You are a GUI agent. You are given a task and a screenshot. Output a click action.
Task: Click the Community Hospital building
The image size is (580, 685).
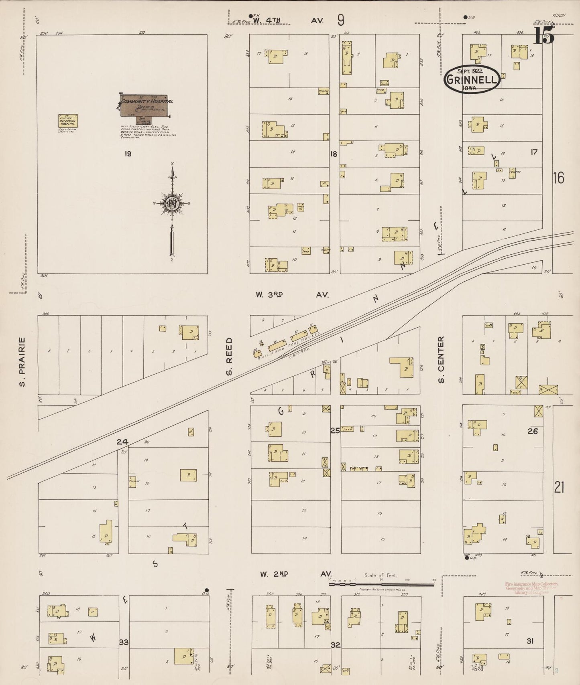click(x=147, y=105)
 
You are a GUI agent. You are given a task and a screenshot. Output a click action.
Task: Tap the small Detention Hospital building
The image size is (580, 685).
click(x=68, y=121)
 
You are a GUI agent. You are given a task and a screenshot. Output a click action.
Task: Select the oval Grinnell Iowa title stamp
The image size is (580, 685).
click(x=472, y=79)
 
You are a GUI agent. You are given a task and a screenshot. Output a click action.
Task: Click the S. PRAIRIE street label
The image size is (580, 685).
click(x=22, y=362)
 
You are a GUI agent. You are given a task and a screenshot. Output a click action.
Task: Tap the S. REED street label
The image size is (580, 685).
click(x=229, y=356)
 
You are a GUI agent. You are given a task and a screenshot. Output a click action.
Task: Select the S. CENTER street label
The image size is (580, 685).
click(x=441, y=359)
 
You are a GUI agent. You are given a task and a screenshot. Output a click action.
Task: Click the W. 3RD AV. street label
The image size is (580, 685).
click(x=292, y=295)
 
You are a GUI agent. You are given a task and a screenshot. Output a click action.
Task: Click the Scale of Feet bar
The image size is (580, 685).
click(x=381, y=584)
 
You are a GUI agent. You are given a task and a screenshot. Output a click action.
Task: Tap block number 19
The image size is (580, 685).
click(x=128, y=154)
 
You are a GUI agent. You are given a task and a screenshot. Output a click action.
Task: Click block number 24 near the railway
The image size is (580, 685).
click(x=122, y=442)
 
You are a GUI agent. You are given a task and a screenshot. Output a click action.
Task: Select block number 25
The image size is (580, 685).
click(x=335, y=431)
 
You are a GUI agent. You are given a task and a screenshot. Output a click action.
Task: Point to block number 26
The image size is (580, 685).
click(x=532, y=432)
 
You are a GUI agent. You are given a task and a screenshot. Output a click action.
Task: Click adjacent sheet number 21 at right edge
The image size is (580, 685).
click(x=559, y=487)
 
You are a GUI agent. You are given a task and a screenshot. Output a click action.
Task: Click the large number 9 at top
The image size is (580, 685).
click(x=341, y=19)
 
